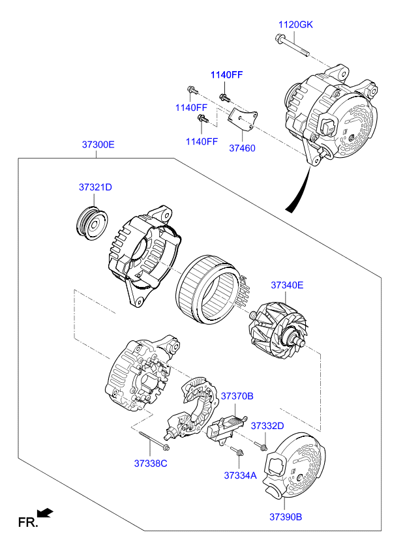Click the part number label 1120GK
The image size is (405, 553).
[295, 25]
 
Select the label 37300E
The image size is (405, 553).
[98, 145]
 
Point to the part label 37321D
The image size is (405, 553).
[96, 187]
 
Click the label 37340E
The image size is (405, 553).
[287, 285]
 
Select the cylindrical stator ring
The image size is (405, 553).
[207, 289]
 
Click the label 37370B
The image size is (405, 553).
[237, 396]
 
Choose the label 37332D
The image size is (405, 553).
[267, 426]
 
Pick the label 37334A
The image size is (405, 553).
[240, 475]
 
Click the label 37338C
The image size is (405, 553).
[151, 464]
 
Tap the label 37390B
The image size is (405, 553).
[286, 517]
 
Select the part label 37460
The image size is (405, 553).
[242, 148]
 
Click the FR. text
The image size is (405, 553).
[27, 522]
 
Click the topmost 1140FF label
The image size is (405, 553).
[226, 75]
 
